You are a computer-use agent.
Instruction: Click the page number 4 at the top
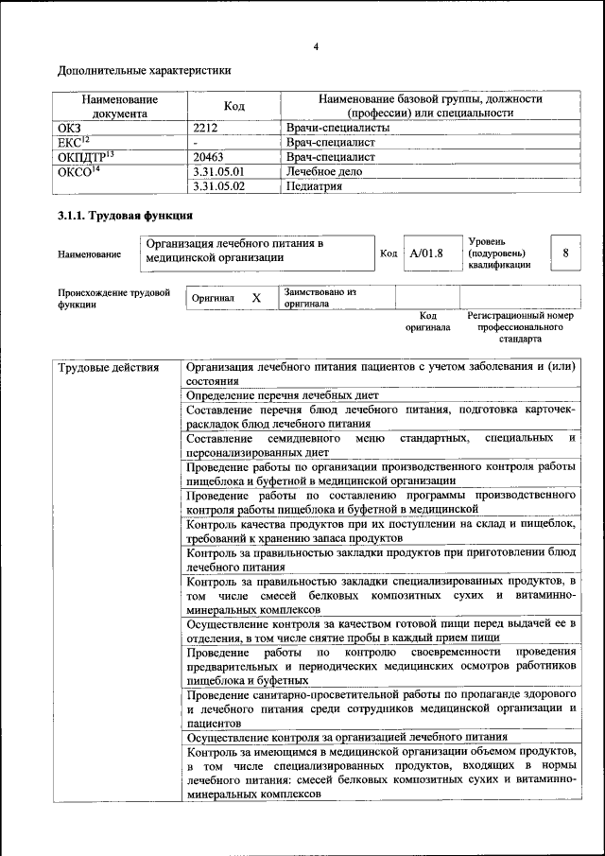coord(316,47)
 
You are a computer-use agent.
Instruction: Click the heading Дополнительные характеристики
coord(145,71)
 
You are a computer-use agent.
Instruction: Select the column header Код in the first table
coord(233,106)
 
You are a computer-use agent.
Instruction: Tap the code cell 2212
coord(206,127)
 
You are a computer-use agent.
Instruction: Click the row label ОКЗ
coord(71,127)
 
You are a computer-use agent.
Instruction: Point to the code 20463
coord(208,156)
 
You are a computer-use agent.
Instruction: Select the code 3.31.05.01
coord(218,171)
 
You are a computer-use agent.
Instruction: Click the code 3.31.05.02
coord(218,186)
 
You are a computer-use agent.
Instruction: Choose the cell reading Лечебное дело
coord(323,171)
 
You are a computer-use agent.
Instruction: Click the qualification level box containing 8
coord(565,253)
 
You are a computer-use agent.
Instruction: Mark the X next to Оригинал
coord(255,298)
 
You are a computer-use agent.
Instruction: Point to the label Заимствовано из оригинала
coord(320,298)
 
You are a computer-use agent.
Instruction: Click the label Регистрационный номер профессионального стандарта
coord(521,326)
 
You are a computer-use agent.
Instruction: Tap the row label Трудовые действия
coord(105,368)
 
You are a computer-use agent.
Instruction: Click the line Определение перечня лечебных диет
coord(282,393)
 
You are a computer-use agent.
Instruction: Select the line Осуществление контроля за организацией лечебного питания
coord(347,736)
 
